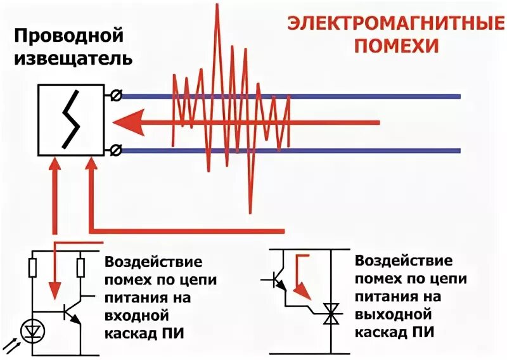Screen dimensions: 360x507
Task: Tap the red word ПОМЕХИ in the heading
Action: pos(397,46)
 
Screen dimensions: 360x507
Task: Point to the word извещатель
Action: pos(73,59)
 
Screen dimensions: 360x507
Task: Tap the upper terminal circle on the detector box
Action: pos(115,96)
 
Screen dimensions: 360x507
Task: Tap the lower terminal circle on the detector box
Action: pos(115,150)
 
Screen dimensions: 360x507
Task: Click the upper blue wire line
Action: pos(380,96)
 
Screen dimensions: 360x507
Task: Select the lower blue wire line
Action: pos(380,151)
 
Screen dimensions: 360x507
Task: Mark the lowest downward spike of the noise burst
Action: pos(252,210)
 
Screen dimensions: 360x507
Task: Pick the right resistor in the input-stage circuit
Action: pos(80,268)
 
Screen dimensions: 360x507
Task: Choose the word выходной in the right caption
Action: pos(394,314)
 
